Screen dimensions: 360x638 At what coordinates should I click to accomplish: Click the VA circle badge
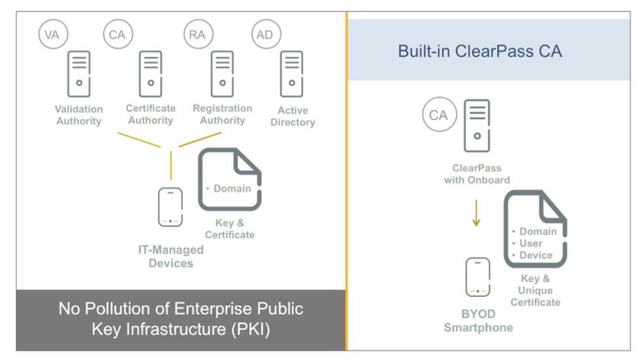[52, 35]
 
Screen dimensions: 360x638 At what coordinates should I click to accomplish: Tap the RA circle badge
[197, 35]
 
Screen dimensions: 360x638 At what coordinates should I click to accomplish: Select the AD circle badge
[265, 35]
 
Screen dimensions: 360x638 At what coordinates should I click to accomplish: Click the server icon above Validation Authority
[79, 74]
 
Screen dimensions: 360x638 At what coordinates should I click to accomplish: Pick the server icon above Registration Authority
[223, 74]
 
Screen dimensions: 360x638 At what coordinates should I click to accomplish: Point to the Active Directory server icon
[291, 74]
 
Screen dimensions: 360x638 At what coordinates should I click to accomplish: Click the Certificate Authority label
[151, 114]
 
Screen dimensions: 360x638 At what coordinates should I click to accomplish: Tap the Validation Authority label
[79, 115]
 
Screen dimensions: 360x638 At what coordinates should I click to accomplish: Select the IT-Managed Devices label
[170, 256]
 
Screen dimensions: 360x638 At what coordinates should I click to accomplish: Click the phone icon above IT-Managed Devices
[170, 207]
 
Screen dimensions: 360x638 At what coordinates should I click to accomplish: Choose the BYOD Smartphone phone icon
[478, 277]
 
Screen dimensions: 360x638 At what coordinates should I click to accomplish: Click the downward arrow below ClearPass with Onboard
[476, 213]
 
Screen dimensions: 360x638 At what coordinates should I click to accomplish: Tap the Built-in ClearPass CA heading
[479, 50]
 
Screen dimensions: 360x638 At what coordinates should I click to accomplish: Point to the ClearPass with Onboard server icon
[477, 125]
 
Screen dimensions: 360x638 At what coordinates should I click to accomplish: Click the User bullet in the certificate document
[531, 243]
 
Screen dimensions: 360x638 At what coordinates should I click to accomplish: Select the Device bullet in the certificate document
[536, 255]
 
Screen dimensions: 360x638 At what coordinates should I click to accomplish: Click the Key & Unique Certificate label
[535, 291]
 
